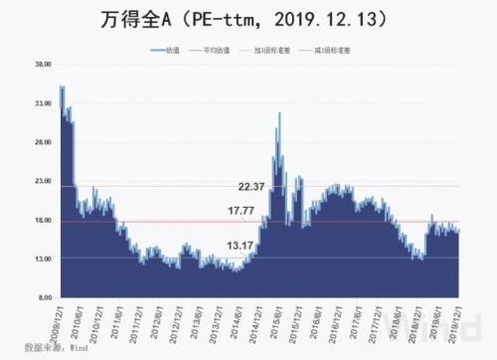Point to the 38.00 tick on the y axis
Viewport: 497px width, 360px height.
tap(43, 66)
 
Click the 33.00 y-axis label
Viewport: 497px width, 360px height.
tap(43, 104)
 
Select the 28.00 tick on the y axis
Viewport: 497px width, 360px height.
tap(43, 143)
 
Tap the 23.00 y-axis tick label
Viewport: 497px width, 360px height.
tap(43, 182)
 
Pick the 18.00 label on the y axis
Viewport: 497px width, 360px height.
tap(43, 221)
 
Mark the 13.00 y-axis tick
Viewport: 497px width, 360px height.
tap(43, 260)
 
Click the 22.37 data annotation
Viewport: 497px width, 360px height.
tap(251, 186)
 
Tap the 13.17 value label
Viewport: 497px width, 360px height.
tap(240, 245)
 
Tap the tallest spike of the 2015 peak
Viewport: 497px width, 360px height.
tap(279, 113)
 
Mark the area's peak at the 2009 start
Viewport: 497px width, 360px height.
tap(62, 87)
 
